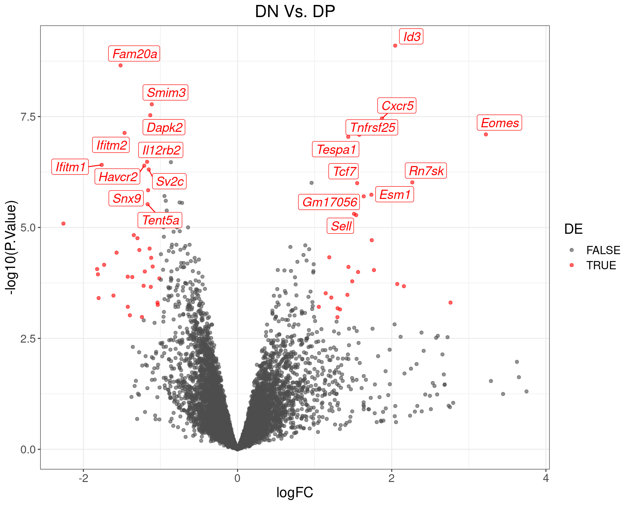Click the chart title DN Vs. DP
[x=295, y=12]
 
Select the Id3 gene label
[x=411, y=36]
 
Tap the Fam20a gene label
[x=134, y=54]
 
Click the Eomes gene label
[x=499, y=123]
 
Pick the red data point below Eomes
[x=486, y=134]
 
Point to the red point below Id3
[x=395, y=46]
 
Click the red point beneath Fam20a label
[x=121, y=65]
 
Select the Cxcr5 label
[x=397, y=106]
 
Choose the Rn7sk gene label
[x=426, y=171]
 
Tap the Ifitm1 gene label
[x=70, y=167]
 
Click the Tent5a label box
[x=160, y=220]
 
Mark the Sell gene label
[x=340, y=226]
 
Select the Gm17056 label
[x=329, y=202]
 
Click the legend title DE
[x=573, y=229]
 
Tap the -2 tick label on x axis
[x=83, y=478]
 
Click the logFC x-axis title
[x=295, y=493]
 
